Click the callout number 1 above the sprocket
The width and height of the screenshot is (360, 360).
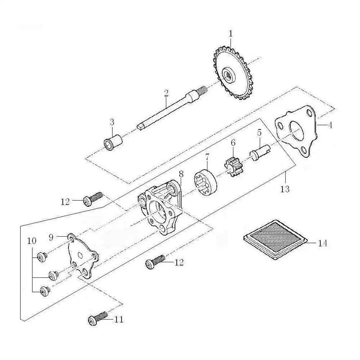coord(231,34)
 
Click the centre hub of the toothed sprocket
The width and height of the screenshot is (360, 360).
coord(229,74)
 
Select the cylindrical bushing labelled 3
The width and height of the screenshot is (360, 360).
coord(113,143)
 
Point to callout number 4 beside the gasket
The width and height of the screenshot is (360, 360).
coord(330,125)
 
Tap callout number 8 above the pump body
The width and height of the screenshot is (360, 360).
coord(181,174)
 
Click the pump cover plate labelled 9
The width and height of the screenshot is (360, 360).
coord(83,256)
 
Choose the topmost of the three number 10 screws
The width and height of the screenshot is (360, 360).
coord(42,256)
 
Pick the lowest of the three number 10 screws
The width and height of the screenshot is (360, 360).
coord(45,291)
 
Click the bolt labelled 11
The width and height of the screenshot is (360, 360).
coord(98,318)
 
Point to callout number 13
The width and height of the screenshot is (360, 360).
coord(285,189)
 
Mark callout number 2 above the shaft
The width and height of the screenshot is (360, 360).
coord(166,93)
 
